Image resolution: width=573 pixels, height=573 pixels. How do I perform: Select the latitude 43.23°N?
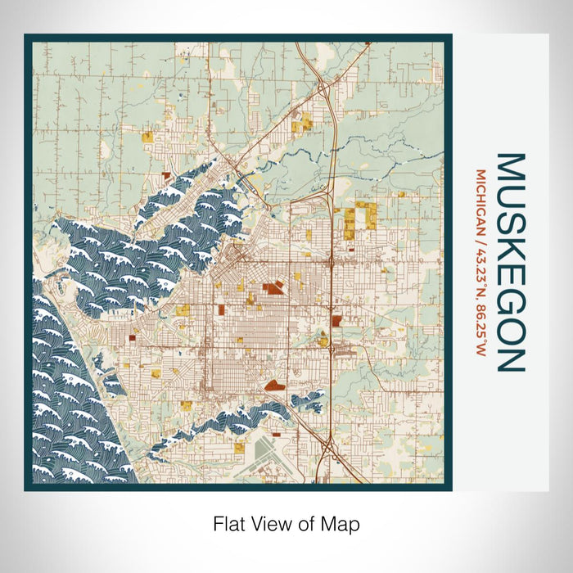point(481,264)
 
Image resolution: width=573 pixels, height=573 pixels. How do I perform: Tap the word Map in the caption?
point(342,522)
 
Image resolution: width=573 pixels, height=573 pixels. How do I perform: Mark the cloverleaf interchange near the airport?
point(329,448)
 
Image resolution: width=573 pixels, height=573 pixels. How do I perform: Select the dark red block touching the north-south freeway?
point(336,320)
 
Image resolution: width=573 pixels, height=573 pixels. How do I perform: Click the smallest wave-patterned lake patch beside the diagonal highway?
point(309,401)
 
